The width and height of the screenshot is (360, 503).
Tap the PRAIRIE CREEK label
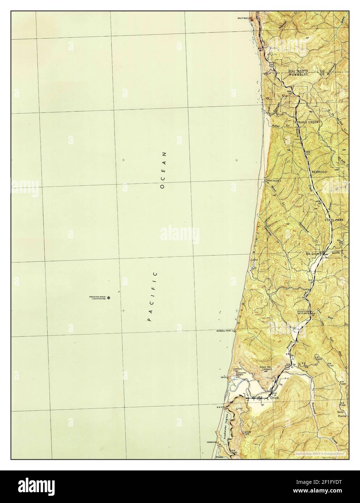point(306,123)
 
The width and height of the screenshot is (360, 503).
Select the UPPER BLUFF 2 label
point(274,180)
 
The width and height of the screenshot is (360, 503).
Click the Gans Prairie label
point(342,414)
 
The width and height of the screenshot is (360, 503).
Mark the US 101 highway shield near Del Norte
point(271,64)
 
